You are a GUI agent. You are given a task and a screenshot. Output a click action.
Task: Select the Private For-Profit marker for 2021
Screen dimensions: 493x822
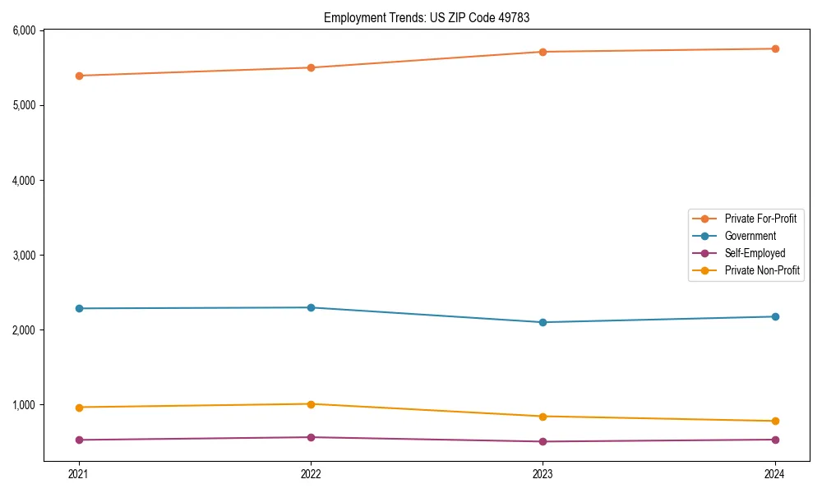point(79,76)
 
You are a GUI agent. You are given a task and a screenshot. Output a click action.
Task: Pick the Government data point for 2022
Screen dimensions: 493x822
point(311,307)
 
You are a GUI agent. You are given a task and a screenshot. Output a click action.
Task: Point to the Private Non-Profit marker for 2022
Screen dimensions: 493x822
point(311,404)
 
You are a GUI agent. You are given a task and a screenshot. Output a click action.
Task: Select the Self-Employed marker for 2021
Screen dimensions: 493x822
point(79,440)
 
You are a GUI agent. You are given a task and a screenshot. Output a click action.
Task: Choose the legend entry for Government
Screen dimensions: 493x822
point(750,236)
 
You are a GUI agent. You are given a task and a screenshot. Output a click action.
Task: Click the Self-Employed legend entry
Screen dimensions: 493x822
point(755,253)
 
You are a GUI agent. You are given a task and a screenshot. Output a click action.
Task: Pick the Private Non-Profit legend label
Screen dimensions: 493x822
point(762,270)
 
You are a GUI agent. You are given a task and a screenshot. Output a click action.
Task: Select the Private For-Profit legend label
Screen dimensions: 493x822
point(760,219)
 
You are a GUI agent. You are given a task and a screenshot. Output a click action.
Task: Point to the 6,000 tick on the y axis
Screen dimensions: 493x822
point(24,30)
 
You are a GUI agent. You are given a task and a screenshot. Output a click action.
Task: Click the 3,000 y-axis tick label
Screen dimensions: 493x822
point(24,255)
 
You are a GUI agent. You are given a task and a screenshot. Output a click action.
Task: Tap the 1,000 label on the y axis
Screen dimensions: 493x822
point(24,404)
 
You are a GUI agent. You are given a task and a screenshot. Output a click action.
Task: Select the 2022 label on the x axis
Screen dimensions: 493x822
point(311,473)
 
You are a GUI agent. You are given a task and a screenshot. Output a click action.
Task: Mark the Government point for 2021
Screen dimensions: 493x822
point(79,308)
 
